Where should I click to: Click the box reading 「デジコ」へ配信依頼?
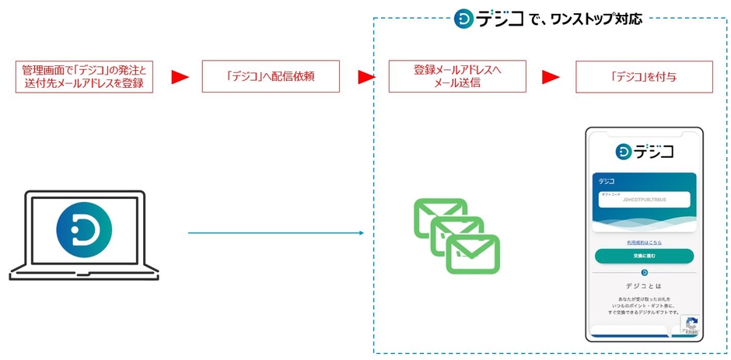pyautogui.click(x=271, y=76)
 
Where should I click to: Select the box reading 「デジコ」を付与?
pyautogui.click(x=643, y=76)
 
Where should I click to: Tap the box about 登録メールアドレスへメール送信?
pyautogui.click(x=457, y=76)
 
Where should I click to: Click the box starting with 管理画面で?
pyautogui.click(x=84, y=76)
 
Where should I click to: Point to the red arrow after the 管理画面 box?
pyautogui.click(x=180, y=77)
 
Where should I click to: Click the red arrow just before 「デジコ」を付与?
pyautogui.click(x=551, y=77)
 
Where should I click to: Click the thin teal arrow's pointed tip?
pyautogui.click(x=362, y=232)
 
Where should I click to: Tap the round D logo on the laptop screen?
pyautogui.click(x=84, y=230)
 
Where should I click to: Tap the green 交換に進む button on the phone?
pyautogui.click(x=644, y=256)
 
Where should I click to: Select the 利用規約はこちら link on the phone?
pyautogui.click(x=644, y=242)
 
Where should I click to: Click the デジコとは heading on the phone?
pyautogui.click(x=644, y=285)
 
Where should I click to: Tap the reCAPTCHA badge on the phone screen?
pyautogui.click(x=690, y=325)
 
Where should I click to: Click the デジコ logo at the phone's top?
pyautogui.click(x=644, y=151)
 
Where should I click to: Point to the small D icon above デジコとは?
pyautogui.click(x=644, y=272)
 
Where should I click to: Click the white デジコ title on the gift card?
pyautogui.click(x=607, y=180)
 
